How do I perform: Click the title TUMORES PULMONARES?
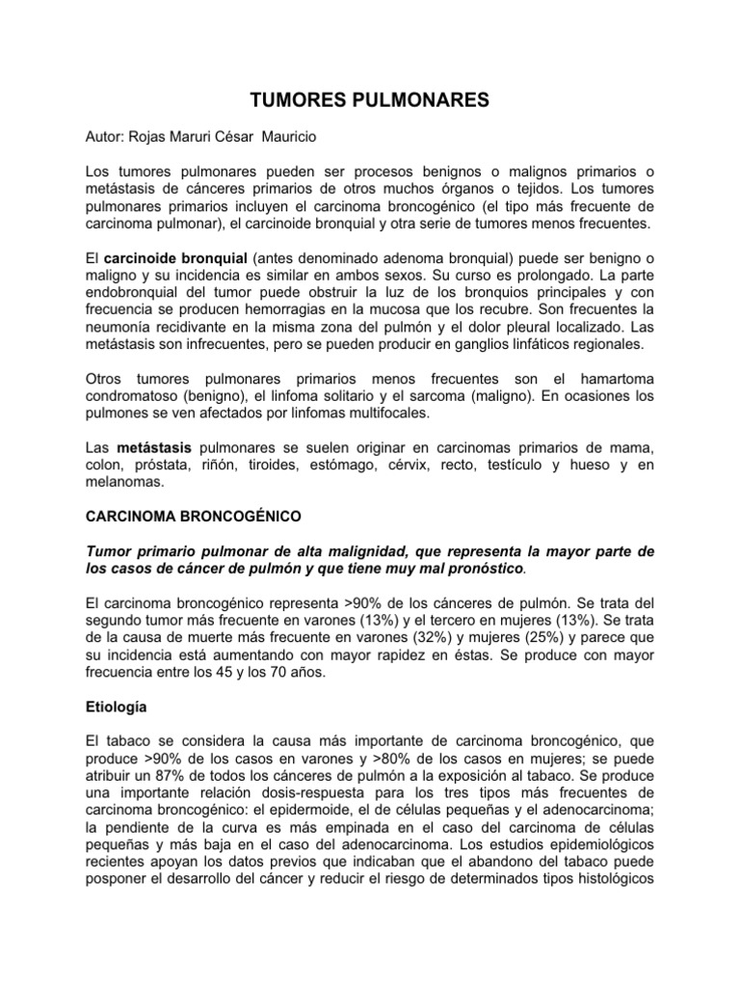370,99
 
